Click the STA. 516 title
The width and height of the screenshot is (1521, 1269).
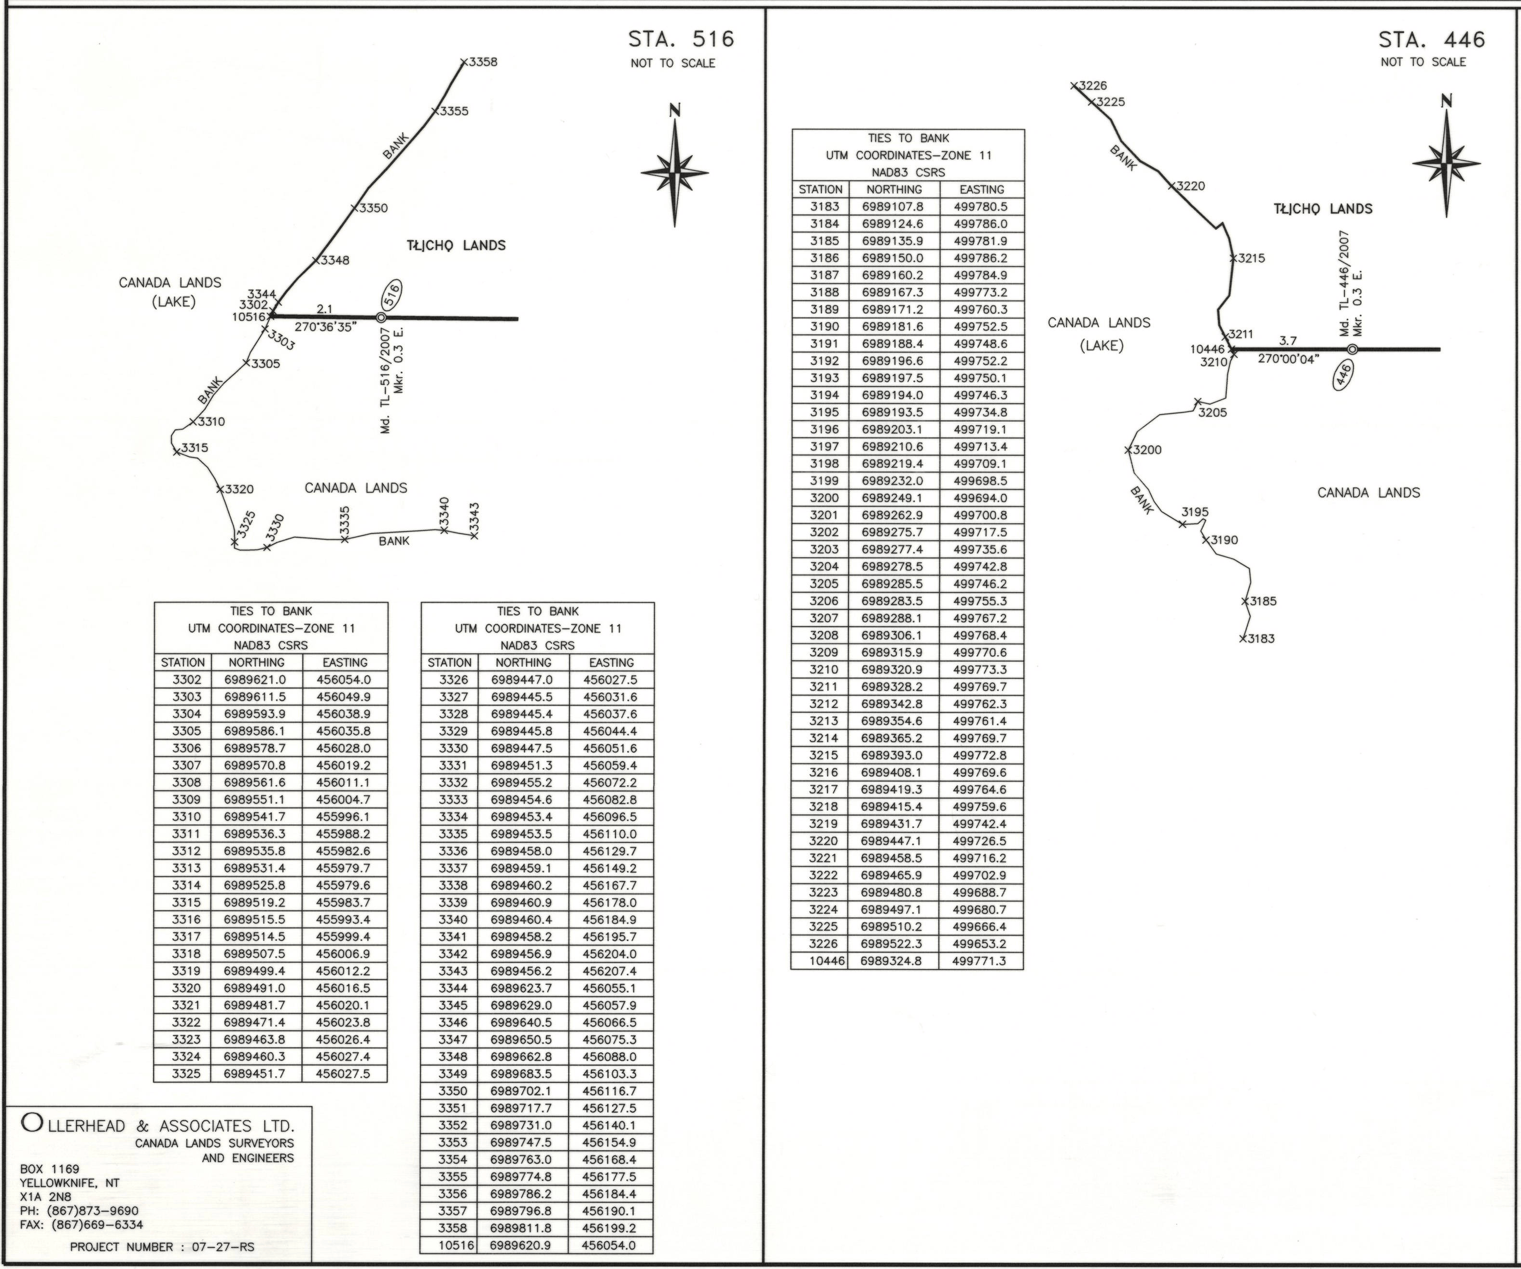(x=681, y=39)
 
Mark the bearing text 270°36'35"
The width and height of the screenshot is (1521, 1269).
(x=325, y=327)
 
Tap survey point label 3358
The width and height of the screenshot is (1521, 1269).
(x=483, y=62)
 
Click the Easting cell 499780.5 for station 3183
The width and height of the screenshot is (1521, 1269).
(x=981, y=207)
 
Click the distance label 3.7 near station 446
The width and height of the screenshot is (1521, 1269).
(x=1288, y=340)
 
